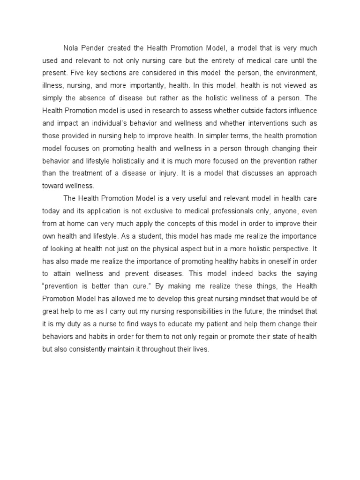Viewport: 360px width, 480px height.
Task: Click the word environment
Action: coord(299,74)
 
